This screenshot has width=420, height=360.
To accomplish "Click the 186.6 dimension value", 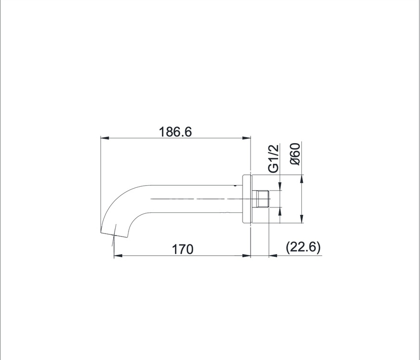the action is [175, 132].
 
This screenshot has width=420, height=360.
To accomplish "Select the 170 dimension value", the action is [182, 249].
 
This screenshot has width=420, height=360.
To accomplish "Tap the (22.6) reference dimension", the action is [303, 247].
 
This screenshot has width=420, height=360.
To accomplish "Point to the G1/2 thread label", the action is [274, 159].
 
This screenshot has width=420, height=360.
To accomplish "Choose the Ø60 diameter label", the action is [295, 154].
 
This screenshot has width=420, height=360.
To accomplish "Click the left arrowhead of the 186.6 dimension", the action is [105, 138].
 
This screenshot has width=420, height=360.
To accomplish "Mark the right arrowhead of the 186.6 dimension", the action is [247, 138].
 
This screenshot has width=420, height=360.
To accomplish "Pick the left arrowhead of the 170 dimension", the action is [118, 256].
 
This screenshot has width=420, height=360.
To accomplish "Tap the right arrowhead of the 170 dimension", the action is [247, 256].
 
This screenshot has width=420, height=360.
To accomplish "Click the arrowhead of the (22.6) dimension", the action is [273, 256].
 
